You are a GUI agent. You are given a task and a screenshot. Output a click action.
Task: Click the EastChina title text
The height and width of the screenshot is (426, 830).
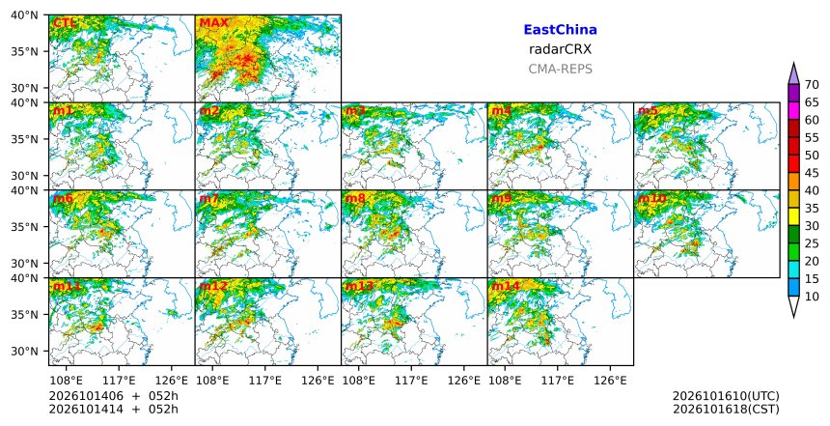tap(560, 30)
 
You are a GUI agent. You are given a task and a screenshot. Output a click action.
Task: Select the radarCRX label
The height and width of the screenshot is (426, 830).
tap(560, 49)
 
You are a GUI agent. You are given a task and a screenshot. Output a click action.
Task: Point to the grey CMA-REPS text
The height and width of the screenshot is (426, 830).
tap(560, 69)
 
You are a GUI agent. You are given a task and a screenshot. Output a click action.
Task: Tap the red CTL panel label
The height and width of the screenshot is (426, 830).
tap(64, 23)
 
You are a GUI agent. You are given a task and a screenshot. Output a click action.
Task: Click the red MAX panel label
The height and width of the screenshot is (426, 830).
tap(213, 23)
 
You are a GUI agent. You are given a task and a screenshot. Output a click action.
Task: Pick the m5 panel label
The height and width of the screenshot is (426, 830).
tap(648, 111)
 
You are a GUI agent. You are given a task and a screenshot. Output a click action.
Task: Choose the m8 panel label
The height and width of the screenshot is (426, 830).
tap(355, 198)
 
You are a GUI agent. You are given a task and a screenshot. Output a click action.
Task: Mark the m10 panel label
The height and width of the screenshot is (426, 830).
tap(652, 198)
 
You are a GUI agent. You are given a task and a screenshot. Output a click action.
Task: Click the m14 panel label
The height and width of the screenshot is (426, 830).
tap(506, 286)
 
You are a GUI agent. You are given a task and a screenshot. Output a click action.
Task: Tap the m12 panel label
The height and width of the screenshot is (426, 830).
tap(213, 286)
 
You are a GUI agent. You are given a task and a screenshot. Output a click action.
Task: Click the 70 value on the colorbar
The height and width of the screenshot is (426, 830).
tap(812, 85)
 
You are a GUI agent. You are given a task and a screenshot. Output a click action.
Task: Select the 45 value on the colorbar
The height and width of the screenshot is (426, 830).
tap(812, 173)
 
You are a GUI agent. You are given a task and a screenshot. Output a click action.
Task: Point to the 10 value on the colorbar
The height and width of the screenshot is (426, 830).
tap(812, 297)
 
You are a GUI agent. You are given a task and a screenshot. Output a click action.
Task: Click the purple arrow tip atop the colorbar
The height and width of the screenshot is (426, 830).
tap(793, 64)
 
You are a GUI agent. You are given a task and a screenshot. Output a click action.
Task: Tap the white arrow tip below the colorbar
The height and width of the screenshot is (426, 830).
tap(793, 317)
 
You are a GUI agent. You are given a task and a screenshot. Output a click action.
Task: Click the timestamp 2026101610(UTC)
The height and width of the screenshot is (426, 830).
tap(726, 396)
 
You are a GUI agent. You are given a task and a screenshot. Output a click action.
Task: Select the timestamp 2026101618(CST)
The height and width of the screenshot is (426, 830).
tap(726, 409)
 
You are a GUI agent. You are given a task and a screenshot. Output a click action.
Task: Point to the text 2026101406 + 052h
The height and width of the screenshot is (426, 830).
tap(113, 396)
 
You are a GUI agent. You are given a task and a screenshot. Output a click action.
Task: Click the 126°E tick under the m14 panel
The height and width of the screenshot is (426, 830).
tap(610, 381)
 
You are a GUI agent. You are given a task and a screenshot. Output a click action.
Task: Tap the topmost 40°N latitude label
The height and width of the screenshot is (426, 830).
tap(24, 15)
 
